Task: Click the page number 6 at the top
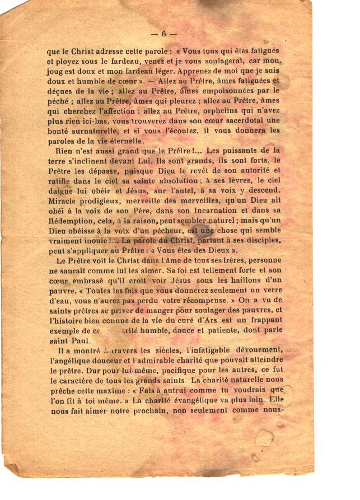(163, 33)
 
